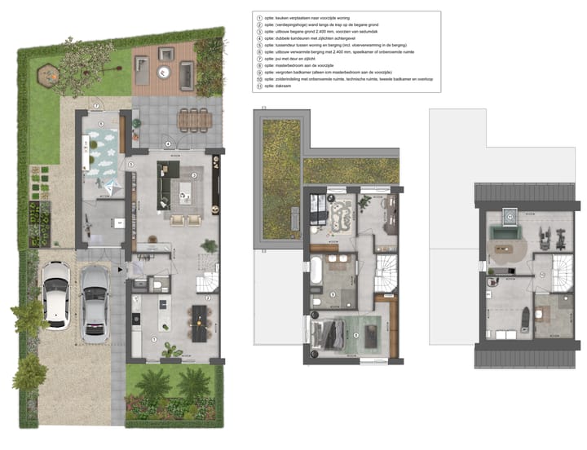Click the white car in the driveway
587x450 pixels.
[55, 294]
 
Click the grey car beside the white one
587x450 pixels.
[95, 302]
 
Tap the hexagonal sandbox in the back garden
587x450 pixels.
[46, 76]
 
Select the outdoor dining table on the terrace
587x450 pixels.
[192, 119]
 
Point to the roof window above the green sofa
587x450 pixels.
[510, 216]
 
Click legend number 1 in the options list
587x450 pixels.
[258, 17]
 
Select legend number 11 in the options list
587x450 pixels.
[258, 86]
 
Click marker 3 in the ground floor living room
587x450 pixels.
[194, 174]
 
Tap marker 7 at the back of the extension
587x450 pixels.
[96, 106]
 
